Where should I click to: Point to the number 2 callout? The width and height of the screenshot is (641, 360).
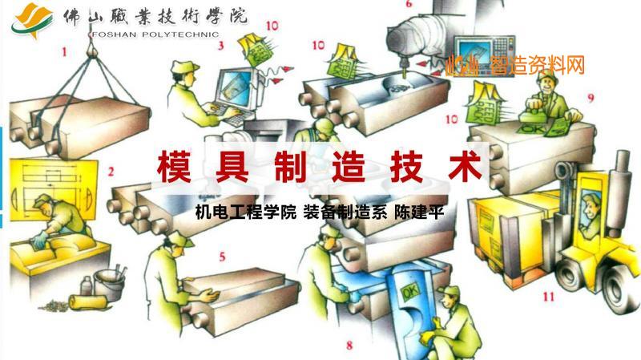(x=111, y=171)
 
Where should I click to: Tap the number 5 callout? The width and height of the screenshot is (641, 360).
(x=222, y=257)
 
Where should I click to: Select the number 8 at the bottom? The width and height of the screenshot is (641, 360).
(x=349, y=346)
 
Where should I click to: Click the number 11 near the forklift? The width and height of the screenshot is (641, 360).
(x=548, y=296)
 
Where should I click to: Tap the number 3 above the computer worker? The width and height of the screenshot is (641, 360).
(x=220, y=46)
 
